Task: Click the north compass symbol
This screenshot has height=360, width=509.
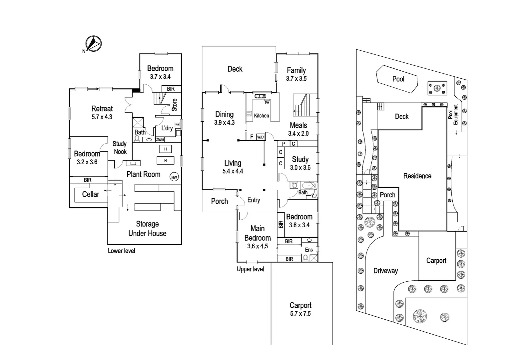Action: (x=93, y=44)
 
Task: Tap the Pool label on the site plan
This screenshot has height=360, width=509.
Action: (x=398, y=79)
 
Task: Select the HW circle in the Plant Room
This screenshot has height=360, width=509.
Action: (x=174, y=177)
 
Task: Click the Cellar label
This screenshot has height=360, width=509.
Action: (x=91, y=194)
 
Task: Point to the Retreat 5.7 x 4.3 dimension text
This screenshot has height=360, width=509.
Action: (x=102, y=117)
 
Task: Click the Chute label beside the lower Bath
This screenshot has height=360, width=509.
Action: (x=160, y=139)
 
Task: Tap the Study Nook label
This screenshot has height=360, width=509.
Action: (x=120, y=148)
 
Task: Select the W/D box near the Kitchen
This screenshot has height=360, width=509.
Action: (x=260, y=137)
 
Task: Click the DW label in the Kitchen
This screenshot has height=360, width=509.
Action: (x=267, y=102)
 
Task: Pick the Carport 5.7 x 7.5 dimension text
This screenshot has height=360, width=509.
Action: (x=300, y=314)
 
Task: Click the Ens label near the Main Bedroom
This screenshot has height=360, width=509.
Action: (x=309, y=250)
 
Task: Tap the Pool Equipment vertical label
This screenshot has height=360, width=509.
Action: (x=453, y=115)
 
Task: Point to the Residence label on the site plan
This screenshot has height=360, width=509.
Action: (x=417, y=176)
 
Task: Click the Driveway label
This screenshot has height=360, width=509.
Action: (x=385, y=271)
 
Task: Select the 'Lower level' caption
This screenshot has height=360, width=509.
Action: (x=121, y=251)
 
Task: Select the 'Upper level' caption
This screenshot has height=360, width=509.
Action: (x=250, y=269)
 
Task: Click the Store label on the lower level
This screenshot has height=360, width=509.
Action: (x=174, y=105)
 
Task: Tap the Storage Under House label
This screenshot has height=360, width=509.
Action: (x=147, y=229)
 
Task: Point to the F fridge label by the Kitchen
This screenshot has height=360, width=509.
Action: (x=252, y=137)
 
